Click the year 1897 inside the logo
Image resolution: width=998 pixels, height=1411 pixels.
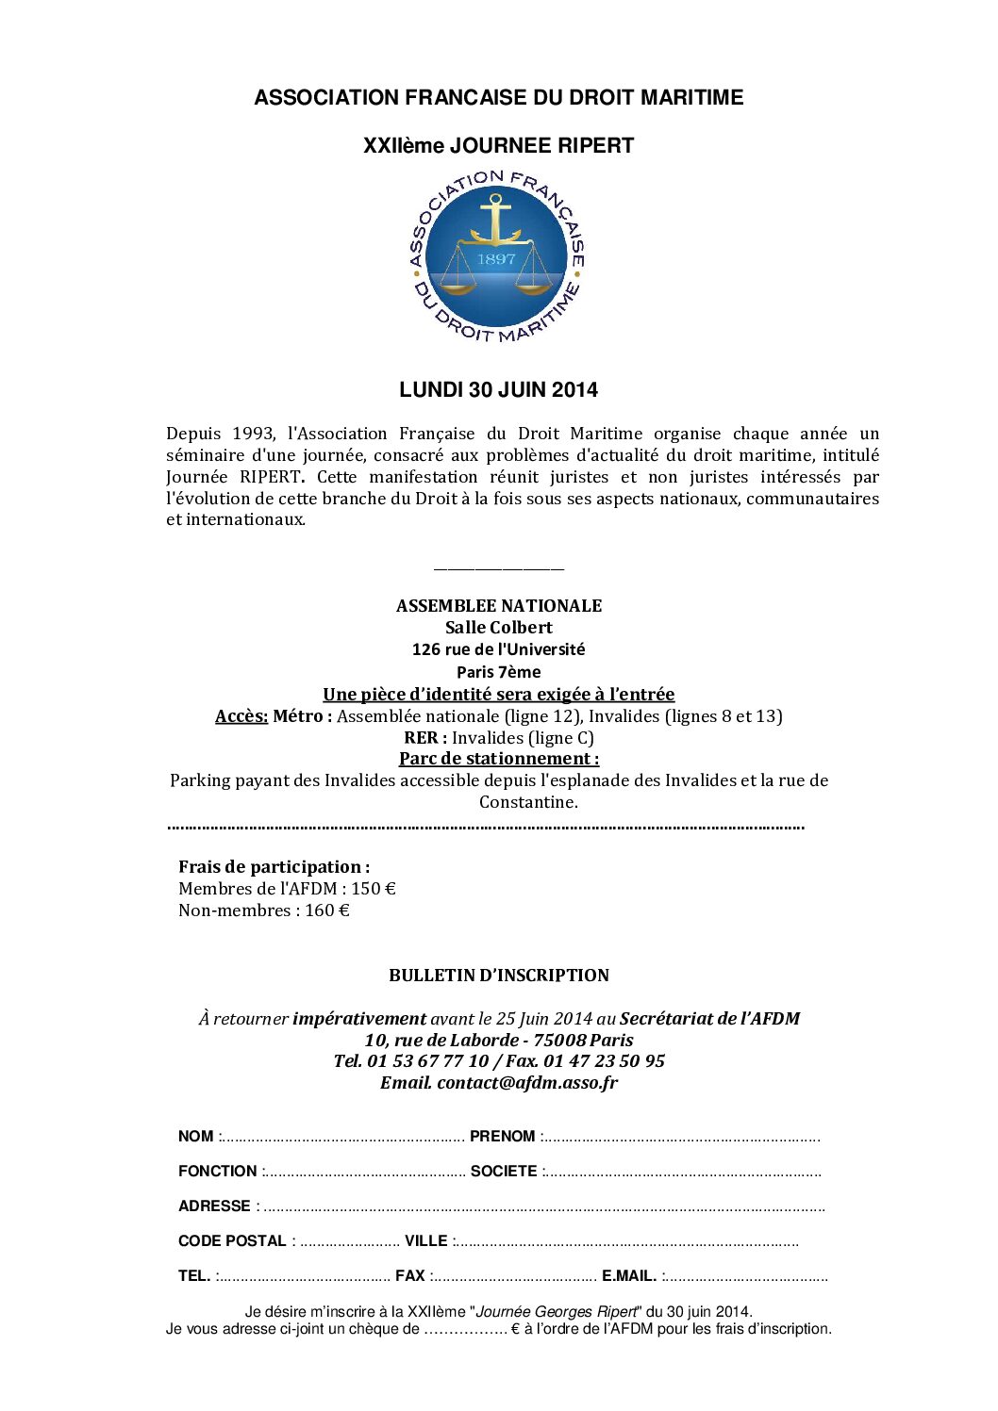pos(496,259)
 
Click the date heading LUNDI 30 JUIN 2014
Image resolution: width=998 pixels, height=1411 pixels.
pos(498,390)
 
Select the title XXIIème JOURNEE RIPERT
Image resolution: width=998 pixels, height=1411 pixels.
pos(498,146)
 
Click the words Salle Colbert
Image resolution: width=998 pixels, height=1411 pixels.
pos(498,628)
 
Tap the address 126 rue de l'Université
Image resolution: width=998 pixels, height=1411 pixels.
pos(498,649)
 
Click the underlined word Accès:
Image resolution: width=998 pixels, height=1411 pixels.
pos(241,716)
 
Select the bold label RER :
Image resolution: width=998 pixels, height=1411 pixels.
pos(425,738)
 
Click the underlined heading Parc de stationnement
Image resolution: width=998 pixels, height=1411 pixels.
pos(498,759)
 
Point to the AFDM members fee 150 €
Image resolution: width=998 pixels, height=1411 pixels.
pos(374,889)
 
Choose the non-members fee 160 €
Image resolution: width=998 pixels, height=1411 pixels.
pos(327,911)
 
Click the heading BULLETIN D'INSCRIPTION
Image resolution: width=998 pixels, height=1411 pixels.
pos(498,976)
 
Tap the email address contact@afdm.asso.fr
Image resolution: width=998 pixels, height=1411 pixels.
pos(527,1083)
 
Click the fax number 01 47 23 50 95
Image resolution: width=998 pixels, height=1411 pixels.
pos(604,1061)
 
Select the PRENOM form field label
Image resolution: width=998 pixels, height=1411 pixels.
pos(503,1137)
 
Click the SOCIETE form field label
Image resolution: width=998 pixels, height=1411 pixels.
pos(504,1172)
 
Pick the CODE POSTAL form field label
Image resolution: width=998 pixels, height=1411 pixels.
pos(232,1241)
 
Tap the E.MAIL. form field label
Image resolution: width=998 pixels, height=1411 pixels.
pos(629,1276)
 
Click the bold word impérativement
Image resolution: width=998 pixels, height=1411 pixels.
pos(359,1019)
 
